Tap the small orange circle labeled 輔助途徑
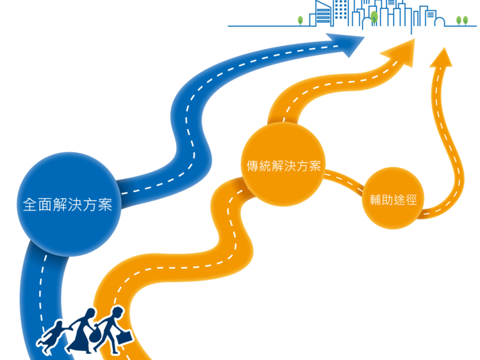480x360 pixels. pos(389,200)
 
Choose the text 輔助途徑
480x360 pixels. pos(389,200)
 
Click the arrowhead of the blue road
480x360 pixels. pos(354,42)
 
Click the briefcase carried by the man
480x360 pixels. pos(125,338)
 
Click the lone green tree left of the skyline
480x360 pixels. pos(300,21)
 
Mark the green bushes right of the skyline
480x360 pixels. pos(461,21)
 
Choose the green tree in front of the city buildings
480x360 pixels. pos(374,14)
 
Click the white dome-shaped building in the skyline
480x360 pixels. pos(367,26)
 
